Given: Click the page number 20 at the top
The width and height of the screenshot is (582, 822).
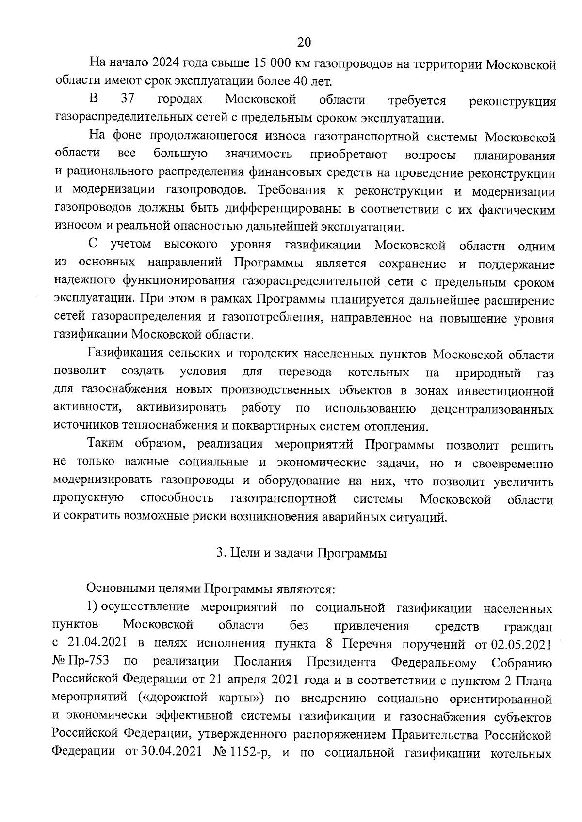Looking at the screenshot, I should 304,42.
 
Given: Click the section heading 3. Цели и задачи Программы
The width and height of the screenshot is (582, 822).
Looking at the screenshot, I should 301,553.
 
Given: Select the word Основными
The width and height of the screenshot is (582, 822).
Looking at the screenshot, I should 119,589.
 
